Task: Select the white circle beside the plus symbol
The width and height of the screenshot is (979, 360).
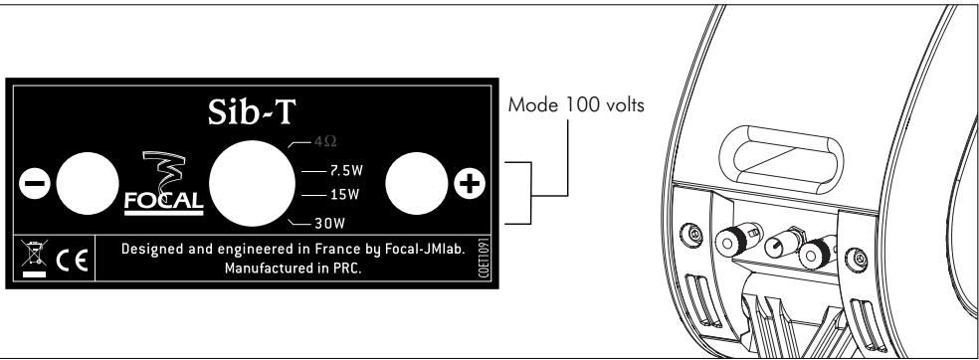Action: pyautogui.click(x=412, y=186)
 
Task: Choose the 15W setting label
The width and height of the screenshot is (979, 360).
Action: pyautogui.click(x=339, y=194)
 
